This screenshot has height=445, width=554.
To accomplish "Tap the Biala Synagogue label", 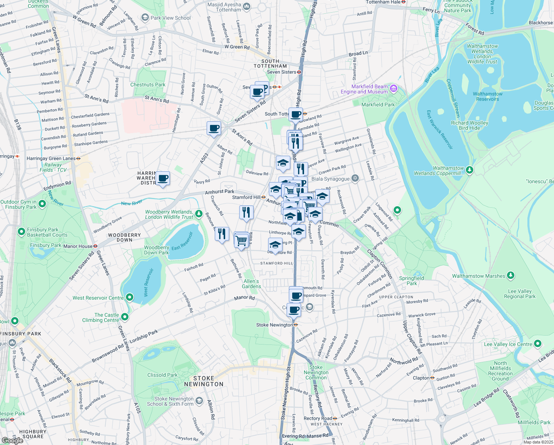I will click(330, 179).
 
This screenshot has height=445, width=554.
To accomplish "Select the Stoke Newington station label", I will click(274, 325).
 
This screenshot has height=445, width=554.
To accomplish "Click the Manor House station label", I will click(78, 246).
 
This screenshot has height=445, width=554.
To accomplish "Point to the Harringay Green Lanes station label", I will click(51, 158).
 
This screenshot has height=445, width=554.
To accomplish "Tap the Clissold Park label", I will click(162, 375).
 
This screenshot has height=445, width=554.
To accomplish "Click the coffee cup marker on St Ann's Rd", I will click(214, 128).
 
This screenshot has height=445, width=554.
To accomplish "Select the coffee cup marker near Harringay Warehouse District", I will click(163, 178).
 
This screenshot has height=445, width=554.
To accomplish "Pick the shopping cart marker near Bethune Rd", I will click(241, 240).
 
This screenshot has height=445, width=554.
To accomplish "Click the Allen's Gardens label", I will click(251, 284).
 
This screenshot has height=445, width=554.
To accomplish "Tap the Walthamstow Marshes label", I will click(478, 276).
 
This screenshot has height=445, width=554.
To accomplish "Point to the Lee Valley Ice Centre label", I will click(508, 344).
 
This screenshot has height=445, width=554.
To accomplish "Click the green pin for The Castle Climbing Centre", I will click(125, 317).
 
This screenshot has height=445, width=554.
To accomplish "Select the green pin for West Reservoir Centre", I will click(130, 297).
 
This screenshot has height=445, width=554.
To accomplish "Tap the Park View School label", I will click(170, 18).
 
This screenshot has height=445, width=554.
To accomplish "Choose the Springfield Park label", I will click(411, 281).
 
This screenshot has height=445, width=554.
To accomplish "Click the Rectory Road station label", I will click(318, 418).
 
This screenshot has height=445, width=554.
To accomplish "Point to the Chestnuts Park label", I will click(148, 85).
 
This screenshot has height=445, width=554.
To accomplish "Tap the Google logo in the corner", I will click(12, 440).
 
